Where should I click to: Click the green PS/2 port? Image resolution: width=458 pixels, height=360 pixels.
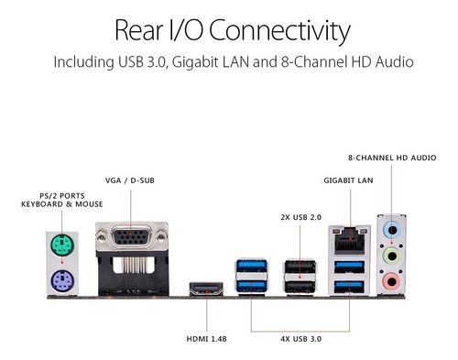[61, 245]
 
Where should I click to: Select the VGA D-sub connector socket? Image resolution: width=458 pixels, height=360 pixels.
[132, 235]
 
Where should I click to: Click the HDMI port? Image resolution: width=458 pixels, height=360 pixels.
[206, 289]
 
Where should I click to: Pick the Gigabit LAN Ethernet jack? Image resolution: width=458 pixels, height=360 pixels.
[350, 241]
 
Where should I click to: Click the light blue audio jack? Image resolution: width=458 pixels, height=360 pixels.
[392, 230]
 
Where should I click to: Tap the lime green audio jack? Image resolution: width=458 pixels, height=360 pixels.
[392, 256]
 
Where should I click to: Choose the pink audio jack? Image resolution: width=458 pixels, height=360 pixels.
[392, 281]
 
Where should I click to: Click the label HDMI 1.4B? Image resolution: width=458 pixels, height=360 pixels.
[207, 339]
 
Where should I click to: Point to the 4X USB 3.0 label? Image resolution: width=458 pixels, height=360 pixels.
[301, 339]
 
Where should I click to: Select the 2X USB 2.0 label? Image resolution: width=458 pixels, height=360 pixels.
[301, 217]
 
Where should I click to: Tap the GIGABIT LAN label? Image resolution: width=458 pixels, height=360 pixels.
[348, 180]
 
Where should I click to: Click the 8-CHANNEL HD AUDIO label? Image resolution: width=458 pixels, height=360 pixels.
[392, 158]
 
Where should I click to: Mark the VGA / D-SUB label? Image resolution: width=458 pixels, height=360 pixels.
[130, 180]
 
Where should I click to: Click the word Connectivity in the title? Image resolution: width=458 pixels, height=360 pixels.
[279, 31]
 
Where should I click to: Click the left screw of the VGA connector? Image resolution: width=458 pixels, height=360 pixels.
[101, 236]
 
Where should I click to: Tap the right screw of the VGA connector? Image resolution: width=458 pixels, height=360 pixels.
[161, 236]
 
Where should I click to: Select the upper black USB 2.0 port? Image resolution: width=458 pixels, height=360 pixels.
[300, 267]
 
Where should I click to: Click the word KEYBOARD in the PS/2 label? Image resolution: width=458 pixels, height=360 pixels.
[42, 204]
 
